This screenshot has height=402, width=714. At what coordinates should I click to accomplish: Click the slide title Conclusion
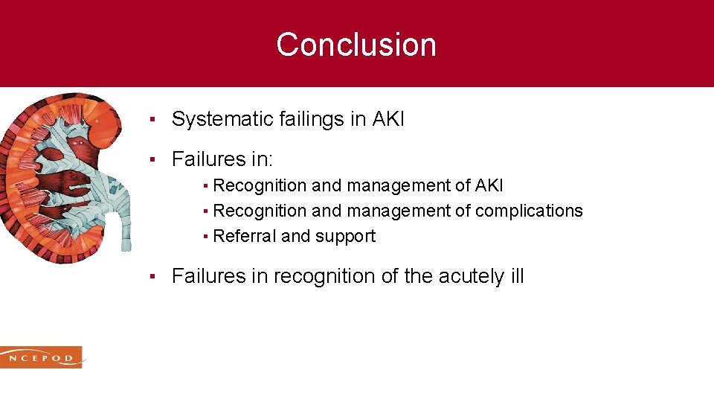[x=356, y=45]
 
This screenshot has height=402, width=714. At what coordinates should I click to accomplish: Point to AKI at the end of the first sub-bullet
[x=488, y=185]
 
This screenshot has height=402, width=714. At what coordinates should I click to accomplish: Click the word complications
[x=529, y=211]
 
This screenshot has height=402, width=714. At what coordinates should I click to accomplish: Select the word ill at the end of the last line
[x=516, y=276]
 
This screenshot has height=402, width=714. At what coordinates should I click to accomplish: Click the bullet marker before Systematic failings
[x=151, y=120]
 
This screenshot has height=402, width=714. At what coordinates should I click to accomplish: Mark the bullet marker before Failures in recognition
[x=151, y=277]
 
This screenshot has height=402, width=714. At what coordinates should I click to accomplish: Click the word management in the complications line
[x=382, y=211]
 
